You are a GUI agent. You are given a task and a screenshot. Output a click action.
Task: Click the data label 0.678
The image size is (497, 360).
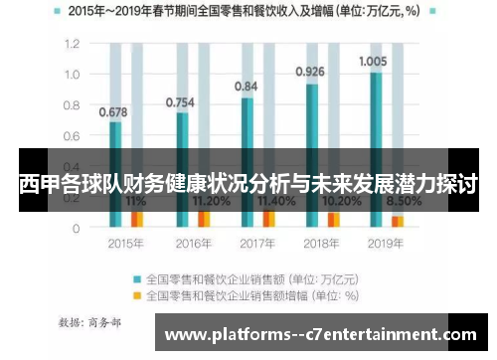(113, 111)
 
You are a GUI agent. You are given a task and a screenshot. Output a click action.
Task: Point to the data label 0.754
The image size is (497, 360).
(180, 101)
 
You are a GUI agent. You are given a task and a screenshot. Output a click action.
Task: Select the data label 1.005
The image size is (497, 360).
(373, 61)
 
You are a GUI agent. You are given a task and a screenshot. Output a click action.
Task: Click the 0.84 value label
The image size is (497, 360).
(247, 87)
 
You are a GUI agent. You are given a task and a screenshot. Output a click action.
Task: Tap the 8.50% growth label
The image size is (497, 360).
(404, 200)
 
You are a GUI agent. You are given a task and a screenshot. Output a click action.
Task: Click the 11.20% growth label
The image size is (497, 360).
(208, 200)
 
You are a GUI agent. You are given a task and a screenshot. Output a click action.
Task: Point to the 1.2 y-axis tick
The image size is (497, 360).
(73, 45)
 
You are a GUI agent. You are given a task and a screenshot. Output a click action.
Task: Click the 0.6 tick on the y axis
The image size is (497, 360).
(73, 136)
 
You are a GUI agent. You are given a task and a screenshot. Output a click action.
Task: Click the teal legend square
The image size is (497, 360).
(138, 278)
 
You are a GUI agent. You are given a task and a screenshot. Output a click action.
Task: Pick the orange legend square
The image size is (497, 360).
(138, 295)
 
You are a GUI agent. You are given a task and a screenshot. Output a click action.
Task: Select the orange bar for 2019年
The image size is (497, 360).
(398, 221)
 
